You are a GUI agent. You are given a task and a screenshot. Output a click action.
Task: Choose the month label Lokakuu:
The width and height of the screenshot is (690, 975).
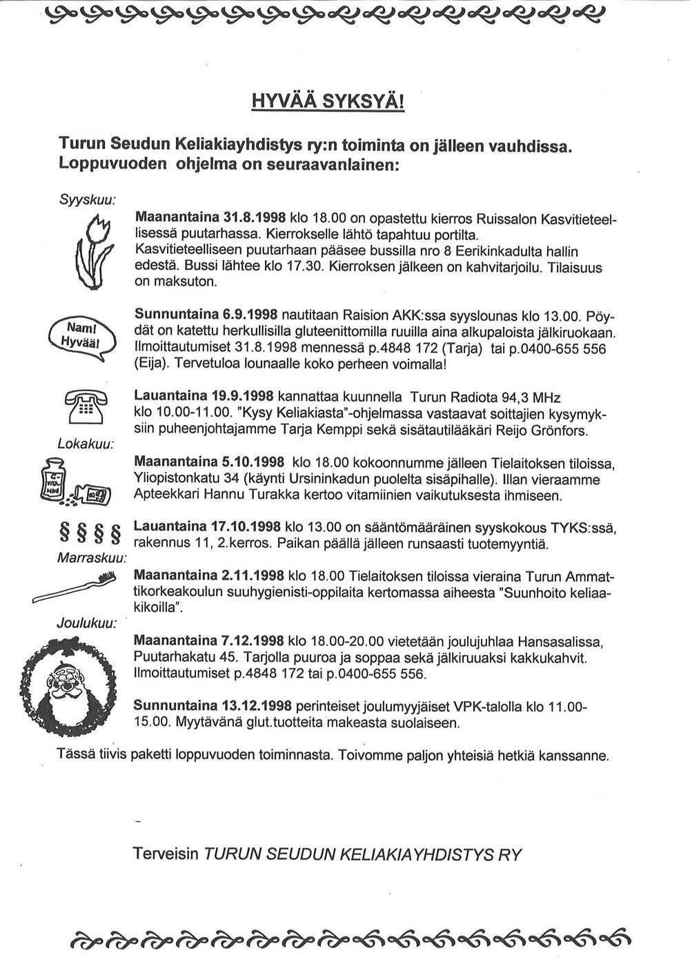86,442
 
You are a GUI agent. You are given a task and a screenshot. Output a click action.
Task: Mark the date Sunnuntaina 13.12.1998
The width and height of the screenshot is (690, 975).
213,707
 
